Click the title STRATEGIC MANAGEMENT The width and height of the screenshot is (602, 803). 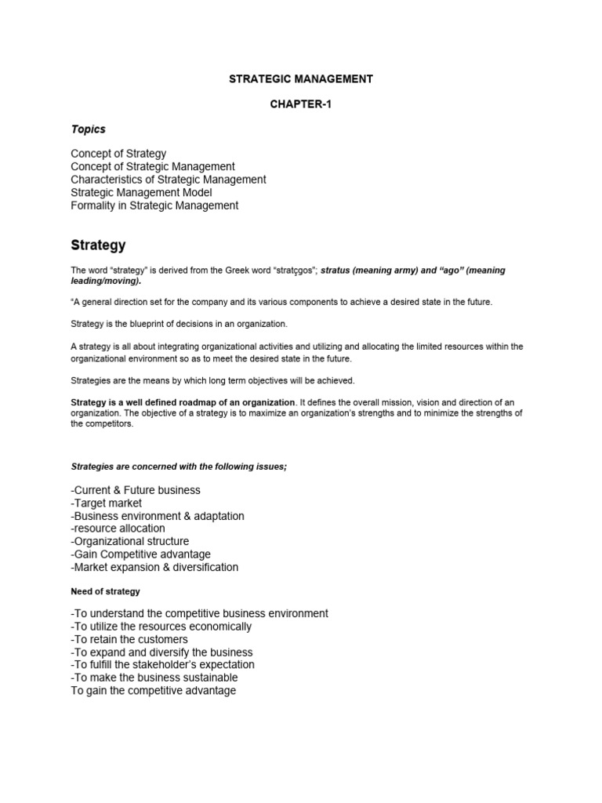pyautogui.click(x=300, y=78)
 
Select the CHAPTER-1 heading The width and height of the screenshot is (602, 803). pyautogui.click(x=300, y=104)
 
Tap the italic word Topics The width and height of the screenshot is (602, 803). pyautogui.click(x=88, y=129)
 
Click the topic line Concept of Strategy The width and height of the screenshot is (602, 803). pyautogui.click(x=118, y=154)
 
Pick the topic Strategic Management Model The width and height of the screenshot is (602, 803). pyautogui.click(x=141, y=192)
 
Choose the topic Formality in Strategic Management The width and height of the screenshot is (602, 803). pyautogui.click(x=154, y=205)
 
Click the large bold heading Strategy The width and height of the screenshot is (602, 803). pyautogui.click(x=98, y=245)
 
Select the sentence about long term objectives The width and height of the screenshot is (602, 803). pyautogui.click(x=212, y=381)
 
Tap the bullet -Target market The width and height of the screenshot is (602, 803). pyautogui.click(x=106, y=503)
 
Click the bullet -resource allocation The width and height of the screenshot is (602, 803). pyautogui.click(x=118, y=529)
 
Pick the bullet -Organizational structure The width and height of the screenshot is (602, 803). pyautogui.click(x=129, y=541)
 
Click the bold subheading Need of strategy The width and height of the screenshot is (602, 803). pyautogui.click(x=105, y=590)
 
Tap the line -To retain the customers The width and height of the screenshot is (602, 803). pyautogui.click(x=129, y=639)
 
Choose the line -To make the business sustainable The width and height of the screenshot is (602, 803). pyautogui.click(x=154, y=678)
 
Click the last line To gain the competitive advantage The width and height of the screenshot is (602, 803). pyautogui.click(x=153, y=691)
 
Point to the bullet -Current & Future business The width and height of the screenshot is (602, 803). pyautogui.click(x=135, y=490)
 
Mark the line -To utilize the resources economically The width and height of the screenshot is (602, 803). pyautogui.click(x=161, y=627)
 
